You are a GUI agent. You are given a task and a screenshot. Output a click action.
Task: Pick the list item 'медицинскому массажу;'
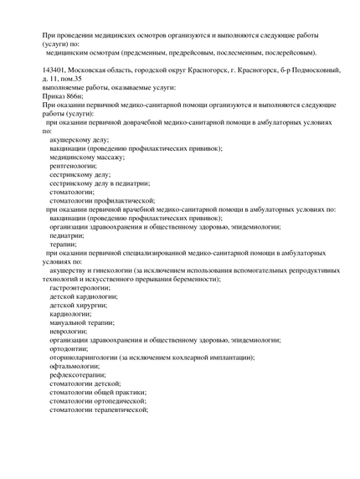(87, 157)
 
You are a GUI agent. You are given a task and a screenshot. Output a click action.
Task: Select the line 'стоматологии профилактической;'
(102, 201)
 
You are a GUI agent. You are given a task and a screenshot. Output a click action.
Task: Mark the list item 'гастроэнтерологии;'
(84, 288)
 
